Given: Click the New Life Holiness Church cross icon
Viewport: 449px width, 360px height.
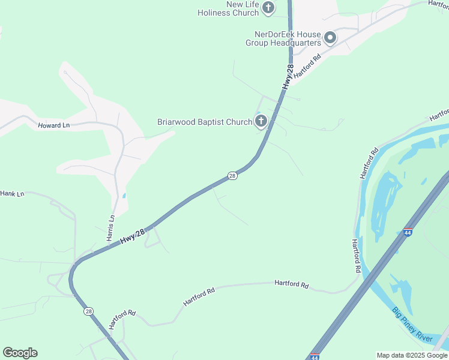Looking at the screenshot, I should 268,8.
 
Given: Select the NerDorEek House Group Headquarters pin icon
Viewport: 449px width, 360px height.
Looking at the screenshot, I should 330,38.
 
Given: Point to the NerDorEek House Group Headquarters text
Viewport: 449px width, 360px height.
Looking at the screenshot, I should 283,38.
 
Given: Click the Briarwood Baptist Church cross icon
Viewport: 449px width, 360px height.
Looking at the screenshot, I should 261,122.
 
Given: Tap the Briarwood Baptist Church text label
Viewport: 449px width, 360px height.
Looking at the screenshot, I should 204,122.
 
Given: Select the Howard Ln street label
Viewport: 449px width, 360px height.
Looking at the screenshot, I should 54,125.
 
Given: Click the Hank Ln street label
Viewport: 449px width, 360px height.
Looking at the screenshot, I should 12,194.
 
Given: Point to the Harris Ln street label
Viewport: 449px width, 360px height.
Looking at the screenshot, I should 110,228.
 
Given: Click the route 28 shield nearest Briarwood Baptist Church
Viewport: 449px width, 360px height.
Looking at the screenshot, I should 232,176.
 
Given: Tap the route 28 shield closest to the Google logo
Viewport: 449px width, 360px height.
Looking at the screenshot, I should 89,311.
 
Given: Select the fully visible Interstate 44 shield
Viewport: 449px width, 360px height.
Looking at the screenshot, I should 408,232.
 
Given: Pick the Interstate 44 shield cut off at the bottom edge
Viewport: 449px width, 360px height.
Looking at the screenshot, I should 315,356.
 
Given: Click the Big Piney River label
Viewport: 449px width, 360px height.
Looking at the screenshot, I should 412,325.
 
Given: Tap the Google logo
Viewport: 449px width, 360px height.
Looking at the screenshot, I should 20,352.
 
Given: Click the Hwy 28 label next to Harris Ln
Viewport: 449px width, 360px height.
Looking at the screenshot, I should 133,234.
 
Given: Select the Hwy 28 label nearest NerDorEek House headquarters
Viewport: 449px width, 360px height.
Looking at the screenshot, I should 289,77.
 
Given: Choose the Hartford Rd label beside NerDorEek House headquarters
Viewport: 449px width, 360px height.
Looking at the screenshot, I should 308,67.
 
